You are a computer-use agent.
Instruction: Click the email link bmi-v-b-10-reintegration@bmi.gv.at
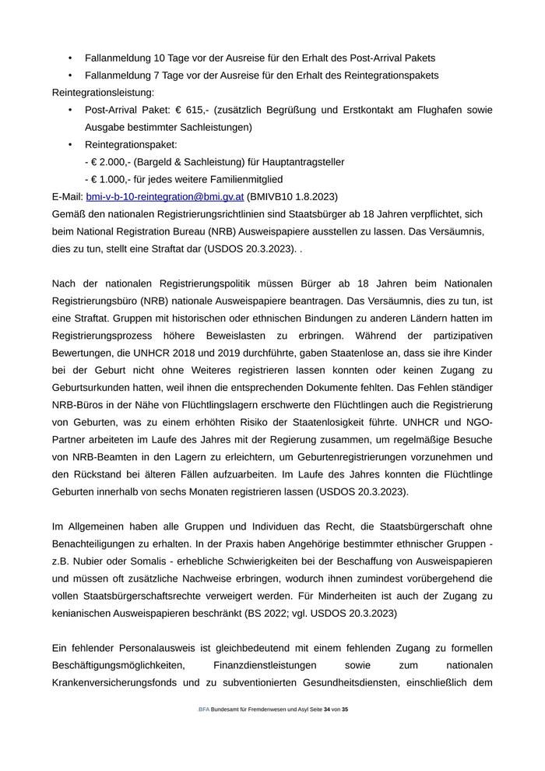(x=165, y=196)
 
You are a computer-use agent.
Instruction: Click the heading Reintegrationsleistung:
(x=103, y=93)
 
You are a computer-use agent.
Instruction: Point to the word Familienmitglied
(x=217, y=179)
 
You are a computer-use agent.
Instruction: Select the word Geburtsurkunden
(x=94, y=388)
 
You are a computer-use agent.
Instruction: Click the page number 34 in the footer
(x=327, y=709)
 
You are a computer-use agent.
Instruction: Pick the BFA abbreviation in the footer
(x=204, y=709)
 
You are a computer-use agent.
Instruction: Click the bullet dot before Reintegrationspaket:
(x=70, y=145)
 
